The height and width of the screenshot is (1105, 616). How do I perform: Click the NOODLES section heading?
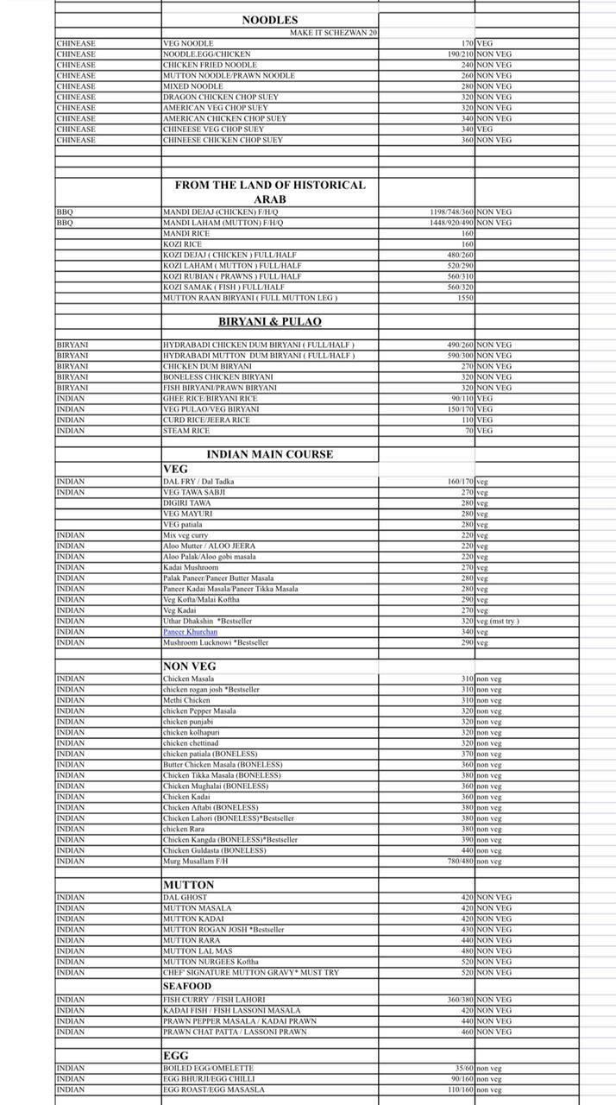tap(270, 20)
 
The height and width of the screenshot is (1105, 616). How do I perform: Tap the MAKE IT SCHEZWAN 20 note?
tap(333, 32)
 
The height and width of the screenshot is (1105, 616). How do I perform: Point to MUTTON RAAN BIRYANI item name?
tap(249, 298)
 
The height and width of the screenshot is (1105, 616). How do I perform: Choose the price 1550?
tap(465, 298)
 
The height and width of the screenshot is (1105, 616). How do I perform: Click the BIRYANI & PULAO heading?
tap(270, 321)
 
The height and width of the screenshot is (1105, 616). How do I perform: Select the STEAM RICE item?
tap(186, 431)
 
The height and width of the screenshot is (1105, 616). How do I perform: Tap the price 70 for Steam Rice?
tap(468, 431)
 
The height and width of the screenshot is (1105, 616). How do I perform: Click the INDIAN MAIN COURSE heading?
tap(269, 454)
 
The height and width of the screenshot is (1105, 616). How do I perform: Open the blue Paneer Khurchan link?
tap(190, 632)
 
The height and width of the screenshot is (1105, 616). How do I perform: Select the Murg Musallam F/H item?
tap(196, 861)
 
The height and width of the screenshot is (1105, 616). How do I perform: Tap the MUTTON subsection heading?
tap(189, 885)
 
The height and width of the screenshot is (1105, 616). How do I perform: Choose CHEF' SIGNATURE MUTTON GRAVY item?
tap(250, 972)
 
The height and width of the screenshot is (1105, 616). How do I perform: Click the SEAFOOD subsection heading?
tap(187, 986)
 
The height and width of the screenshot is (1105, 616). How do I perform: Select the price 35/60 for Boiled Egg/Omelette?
tap(463, 1068)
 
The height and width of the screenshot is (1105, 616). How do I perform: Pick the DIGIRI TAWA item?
tap(187, 502)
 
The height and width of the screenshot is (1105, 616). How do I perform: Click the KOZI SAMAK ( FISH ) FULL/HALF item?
tap(223, 287)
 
